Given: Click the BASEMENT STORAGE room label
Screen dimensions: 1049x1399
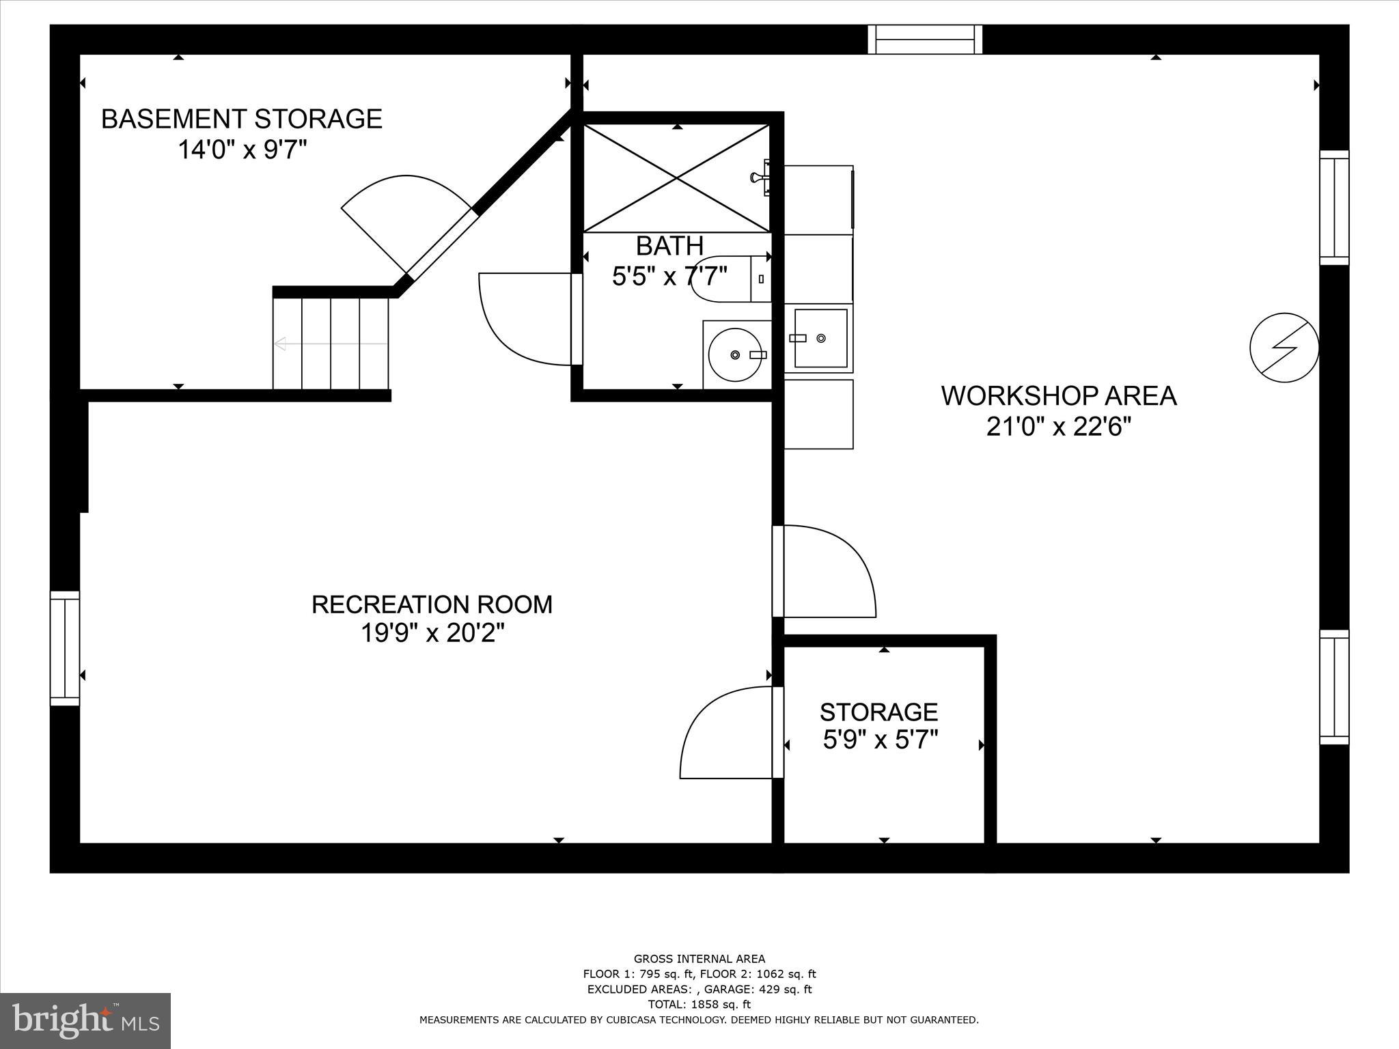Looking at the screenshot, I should (x=241, y=119).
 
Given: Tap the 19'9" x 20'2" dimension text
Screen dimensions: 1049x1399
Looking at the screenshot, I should (x=432, y=634).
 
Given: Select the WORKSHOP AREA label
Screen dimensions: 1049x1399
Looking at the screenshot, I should (x=1059, y=396).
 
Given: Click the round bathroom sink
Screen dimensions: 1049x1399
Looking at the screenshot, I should (x=735, y=354).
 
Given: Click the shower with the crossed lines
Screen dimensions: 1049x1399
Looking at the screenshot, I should (x=676, y=178).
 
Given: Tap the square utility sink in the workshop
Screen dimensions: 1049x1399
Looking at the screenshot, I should (x=820, y=338).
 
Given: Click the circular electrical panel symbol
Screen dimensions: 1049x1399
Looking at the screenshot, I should (x=1284, y=348).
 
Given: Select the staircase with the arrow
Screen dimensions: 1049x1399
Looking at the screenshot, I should (x=331, y=344).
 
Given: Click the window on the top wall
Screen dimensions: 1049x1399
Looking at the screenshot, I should (x=925, y=40).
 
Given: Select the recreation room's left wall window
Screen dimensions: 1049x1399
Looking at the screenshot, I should (x=65, y=648).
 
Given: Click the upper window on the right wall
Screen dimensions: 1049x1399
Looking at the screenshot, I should (x=1333, y=208).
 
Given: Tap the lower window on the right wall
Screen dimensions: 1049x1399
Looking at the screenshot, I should (x=1333, y=687).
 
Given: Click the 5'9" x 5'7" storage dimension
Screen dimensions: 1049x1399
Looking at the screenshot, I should (x=880, y=740).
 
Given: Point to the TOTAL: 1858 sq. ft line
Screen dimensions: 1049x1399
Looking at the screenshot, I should (x=699, y=1005).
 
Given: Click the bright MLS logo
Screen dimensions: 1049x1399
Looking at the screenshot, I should (x=85, y=1020).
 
